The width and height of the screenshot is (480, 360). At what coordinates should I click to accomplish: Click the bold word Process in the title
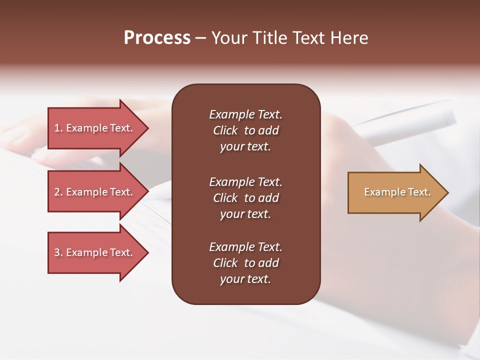157,38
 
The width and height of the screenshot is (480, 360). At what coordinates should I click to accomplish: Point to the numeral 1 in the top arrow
57,128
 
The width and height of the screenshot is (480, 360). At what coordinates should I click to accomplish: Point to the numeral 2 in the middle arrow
57,192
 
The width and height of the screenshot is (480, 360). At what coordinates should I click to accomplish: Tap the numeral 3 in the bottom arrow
57,252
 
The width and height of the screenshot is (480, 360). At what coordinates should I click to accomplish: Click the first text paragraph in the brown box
245,130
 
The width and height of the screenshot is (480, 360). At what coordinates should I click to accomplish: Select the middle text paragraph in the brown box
245,198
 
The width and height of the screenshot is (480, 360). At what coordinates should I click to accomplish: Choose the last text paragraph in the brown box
245,263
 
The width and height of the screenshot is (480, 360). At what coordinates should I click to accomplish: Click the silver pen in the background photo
410,120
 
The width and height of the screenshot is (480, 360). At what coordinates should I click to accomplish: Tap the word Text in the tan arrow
419,192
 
